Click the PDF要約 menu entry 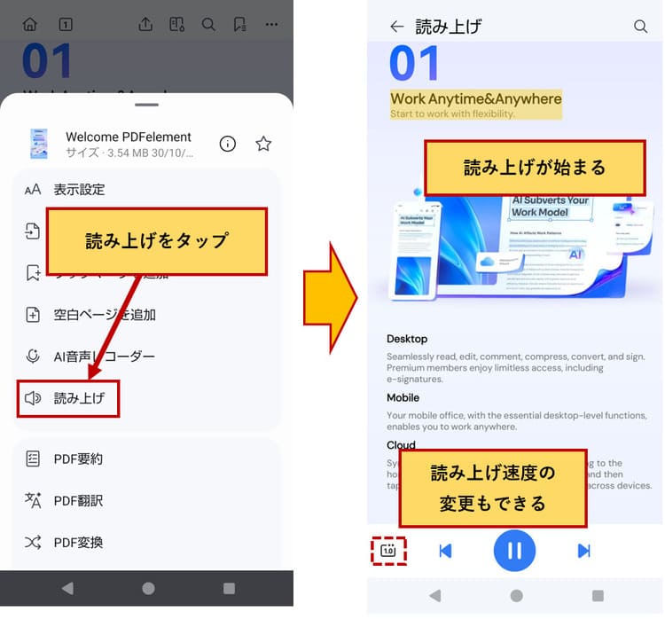click(78, 458)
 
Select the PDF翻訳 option click(78, 500)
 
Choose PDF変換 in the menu click(78, 542)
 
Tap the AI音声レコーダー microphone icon click(33, 357)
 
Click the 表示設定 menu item click(79, 189)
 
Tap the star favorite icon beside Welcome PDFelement click(263, 144)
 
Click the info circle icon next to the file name click(228, 144)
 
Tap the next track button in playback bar click(583, 551)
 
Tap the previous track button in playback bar click(445, 551)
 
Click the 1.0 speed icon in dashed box click(388, 551)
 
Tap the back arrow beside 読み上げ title click(396, 27)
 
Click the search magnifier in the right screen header click(640, 27)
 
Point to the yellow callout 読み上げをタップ click(157, 241)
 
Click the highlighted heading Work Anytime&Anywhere click(476, 99)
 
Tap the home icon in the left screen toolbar click(30, 24)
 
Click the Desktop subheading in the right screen click(407, 339)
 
